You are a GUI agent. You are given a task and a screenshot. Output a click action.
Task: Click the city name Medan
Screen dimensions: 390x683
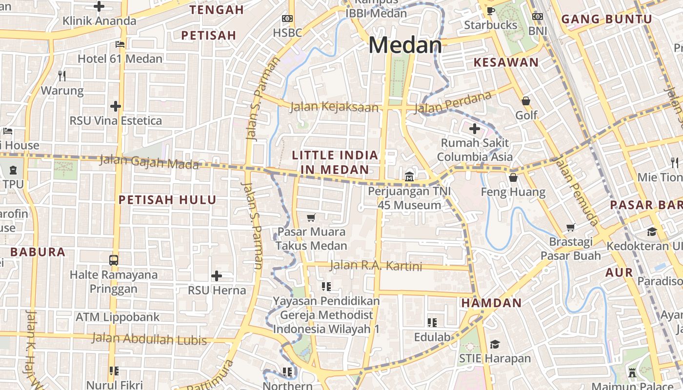405,45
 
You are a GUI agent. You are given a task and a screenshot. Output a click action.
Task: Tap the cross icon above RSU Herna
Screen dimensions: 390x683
217,276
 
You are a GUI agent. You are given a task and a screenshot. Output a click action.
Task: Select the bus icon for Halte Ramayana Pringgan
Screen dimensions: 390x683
114,260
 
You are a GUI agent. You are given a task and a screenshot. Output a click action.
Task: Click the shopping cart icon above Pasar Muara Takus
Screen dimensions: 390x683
311,217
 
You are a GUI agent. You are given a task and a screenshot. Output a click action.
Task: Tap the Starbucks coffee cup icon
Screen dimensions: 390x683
490,10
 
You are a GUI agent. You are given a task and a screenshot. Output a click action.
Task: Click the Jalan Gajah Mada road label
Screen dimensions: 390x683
149,162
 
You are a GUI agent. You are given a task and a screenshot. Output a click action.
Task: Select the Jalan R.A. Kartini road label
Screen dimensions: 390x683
376,266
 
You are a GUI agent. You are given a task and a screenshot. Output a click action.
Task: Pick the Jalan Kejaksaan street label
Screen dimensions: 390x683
334,107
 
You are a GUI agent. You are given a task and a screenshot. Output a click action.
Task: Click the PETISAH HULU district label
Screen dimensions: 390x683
167,200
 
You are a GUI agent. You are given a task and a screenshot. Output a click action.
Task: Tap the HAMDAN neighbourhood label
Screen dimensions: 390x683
491,303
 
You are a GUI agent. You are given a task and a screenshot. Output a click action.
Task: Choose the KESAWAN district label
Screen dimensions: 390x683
506,62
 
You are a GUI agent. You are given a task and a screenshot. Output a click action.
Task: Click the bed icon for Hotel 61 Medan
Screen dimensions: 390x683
120,44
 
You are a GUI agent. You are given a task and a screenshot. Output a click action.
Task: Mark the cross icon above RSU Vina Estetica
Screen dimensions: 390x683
116,106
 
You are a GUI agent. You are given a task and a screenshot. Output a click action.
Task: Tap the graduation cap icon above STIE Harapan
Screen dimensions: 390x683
495,344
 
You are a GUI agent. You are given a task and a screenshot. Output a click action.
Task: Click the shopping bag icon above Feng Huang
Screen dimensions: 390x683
513,177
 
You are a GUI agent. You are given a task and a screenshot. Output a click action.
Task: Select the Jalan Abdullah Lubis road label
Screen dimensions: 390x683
149,339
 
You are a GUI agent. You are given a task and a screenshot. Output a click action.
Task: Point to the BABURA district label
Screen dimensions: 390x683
38,252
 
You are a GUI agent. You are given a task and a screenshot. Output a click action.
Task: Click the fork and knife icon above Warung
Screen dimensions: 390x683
62,76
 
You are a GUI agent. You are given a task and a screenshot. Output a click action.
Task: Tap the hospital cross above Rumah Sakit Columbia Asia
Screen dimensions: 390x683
475,129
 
